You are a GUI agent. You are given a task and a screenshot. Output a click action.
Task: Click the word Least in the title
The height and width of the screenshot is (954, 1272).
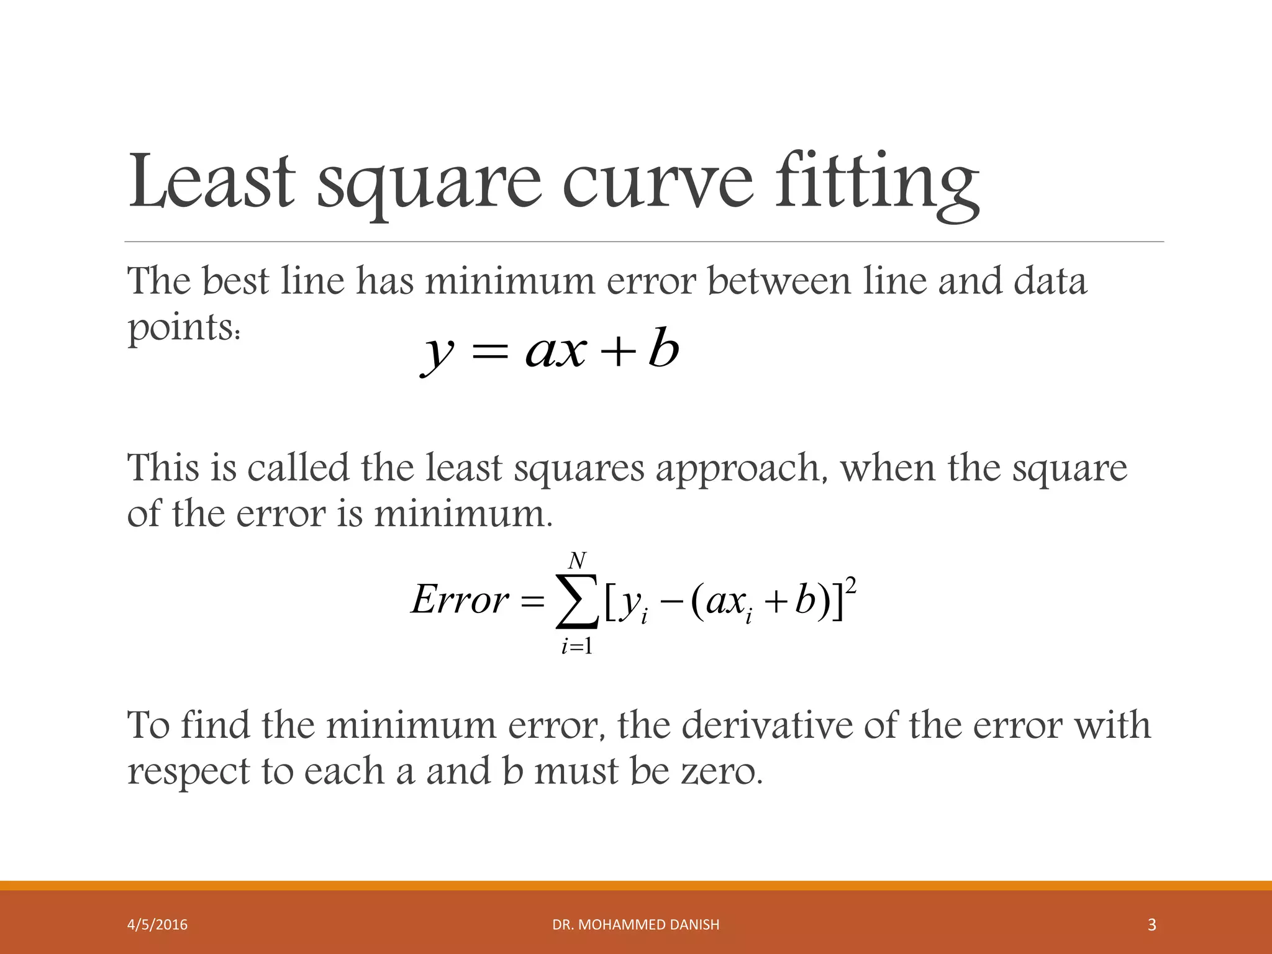point(211,181)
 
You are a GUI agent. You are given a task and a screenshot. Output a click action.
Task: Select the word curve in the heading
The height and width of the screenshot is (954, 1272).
point(658,181)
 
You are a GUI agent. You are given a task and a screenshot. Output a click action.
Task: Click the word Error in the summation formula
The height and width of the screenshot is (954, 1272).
point(460,601)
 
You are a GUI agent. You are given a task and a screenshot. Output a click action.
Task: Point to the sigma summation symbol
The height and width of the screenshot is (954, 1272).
point(577,601)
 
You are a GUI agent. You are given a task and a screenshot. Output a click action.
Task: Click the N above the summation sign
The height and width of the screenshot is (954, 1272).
point(577,561)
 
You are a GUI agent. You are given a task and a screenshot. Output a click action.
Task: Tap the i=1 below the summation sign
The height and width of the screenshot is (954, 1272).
point(576,647)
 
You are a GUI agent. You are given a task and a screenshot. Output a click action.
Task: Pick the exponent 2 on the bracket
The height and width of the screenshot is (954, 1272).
point(852,585)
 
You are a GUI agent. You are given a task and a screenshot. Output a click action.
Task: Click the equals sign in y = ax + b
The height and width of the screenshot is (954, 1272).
point(489,353)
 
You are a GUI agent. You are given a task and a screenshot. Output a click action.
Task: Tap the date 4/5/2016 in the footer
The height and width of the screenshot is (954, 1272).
point(157,925)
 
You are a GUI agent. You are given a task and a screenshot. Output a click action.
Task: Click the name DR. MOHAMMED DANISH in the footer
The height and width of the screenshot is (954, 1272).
point(636,925)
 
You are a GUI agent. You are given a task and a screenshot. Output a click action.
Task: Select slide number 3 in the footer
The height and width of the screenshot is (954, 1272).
point(1152,925)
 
